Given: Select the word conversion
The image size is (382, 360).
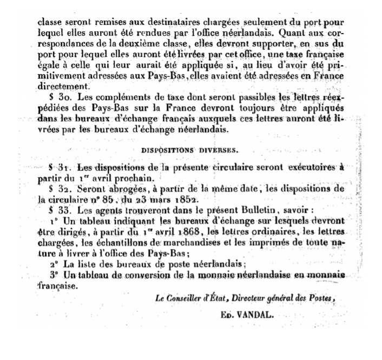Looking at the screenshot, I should [x=152, y=276].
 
